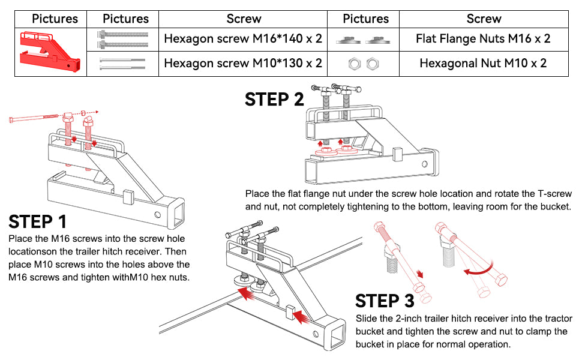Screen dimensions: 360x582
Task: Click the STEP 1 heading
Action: tap(38, 222)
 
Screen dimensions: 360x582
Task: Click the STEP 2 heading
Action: tap(274, 99)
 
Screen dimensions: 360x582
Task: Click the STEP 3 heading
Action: tap(385, 300)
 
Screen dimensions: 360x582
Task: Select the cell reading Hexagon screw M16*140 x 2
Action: tap(243, 39)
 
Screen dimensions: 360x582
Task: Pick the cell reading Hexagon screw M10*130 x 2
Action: tap(243, 63)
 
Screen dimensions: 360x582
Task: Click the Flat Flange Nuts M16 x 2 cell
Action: tap(483, 39)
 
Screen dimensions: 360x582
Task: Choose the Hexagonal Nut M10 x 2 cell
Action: tap(483, 63)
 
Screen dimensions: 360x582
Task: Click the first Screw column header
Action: tap(243, 19)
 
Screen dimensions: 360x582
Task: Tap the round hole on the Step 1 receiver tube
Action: tap(158, 214)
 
